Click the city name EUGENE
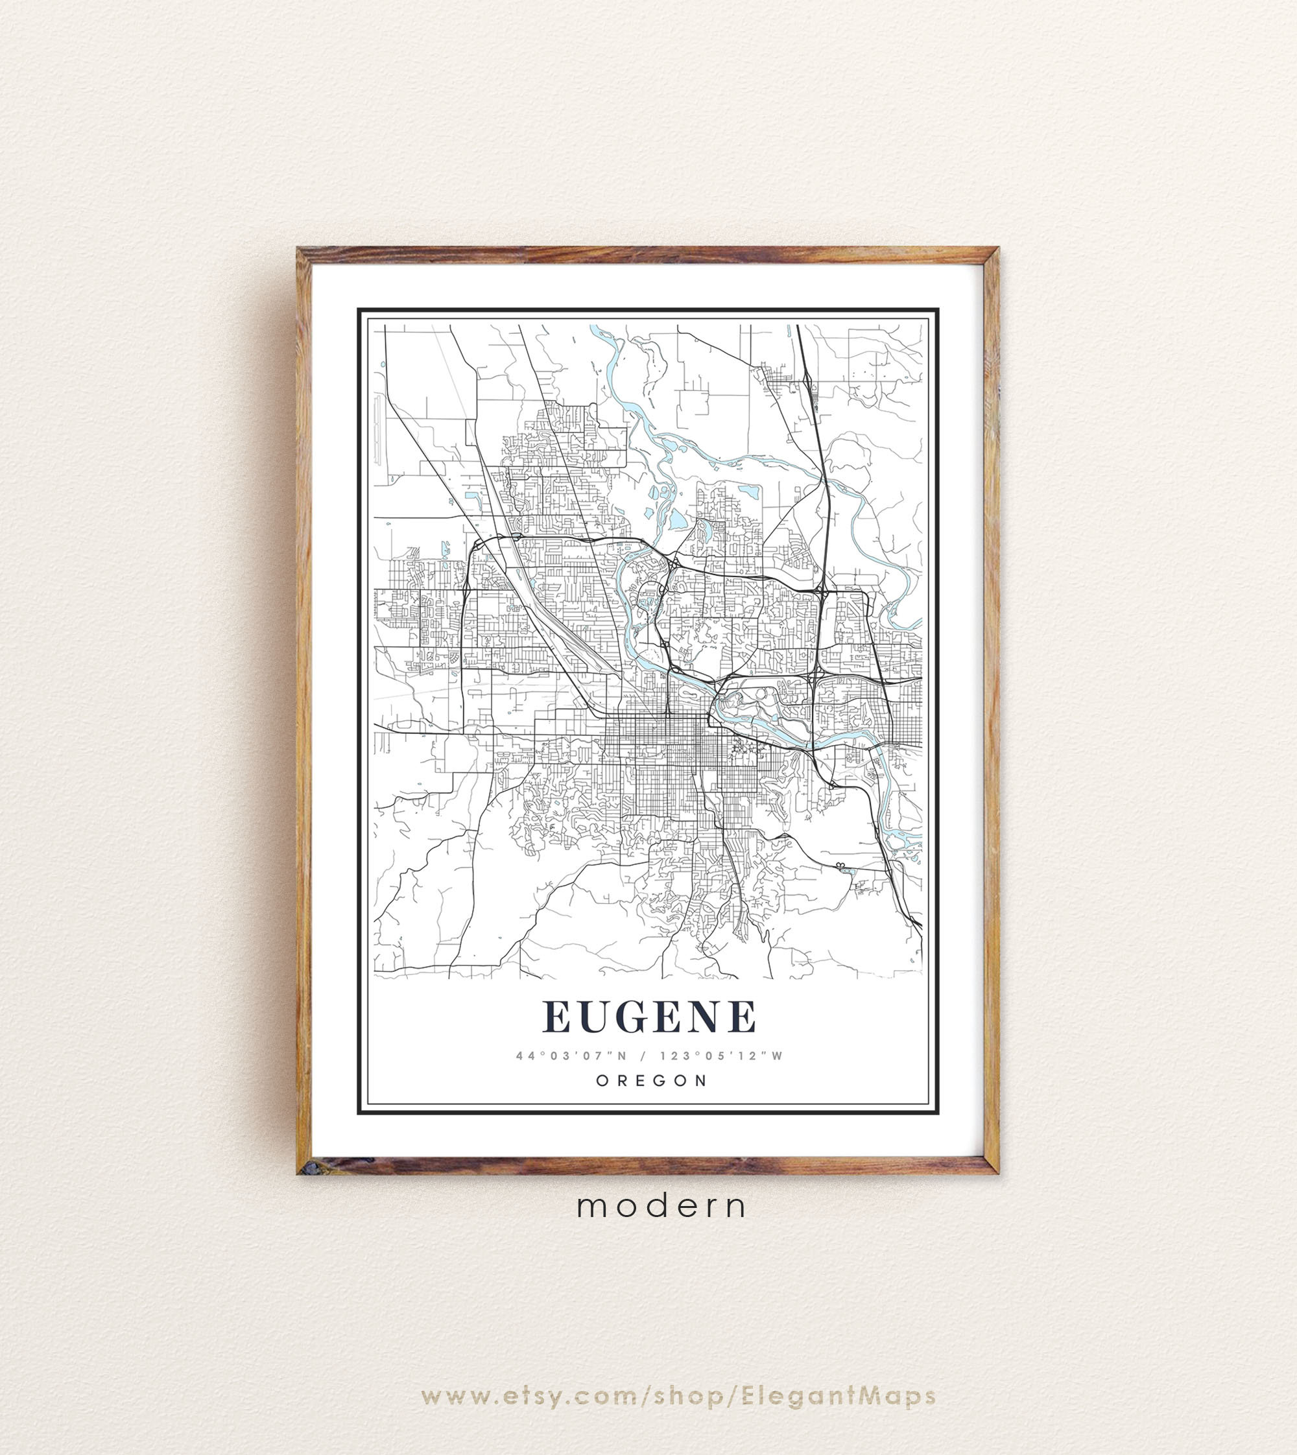coord(648,1017)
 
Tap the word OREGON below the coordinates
coord(651,1080)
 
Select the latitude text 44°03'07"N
coord(564,1056)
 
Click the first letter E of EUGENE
coord(557,1017)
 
